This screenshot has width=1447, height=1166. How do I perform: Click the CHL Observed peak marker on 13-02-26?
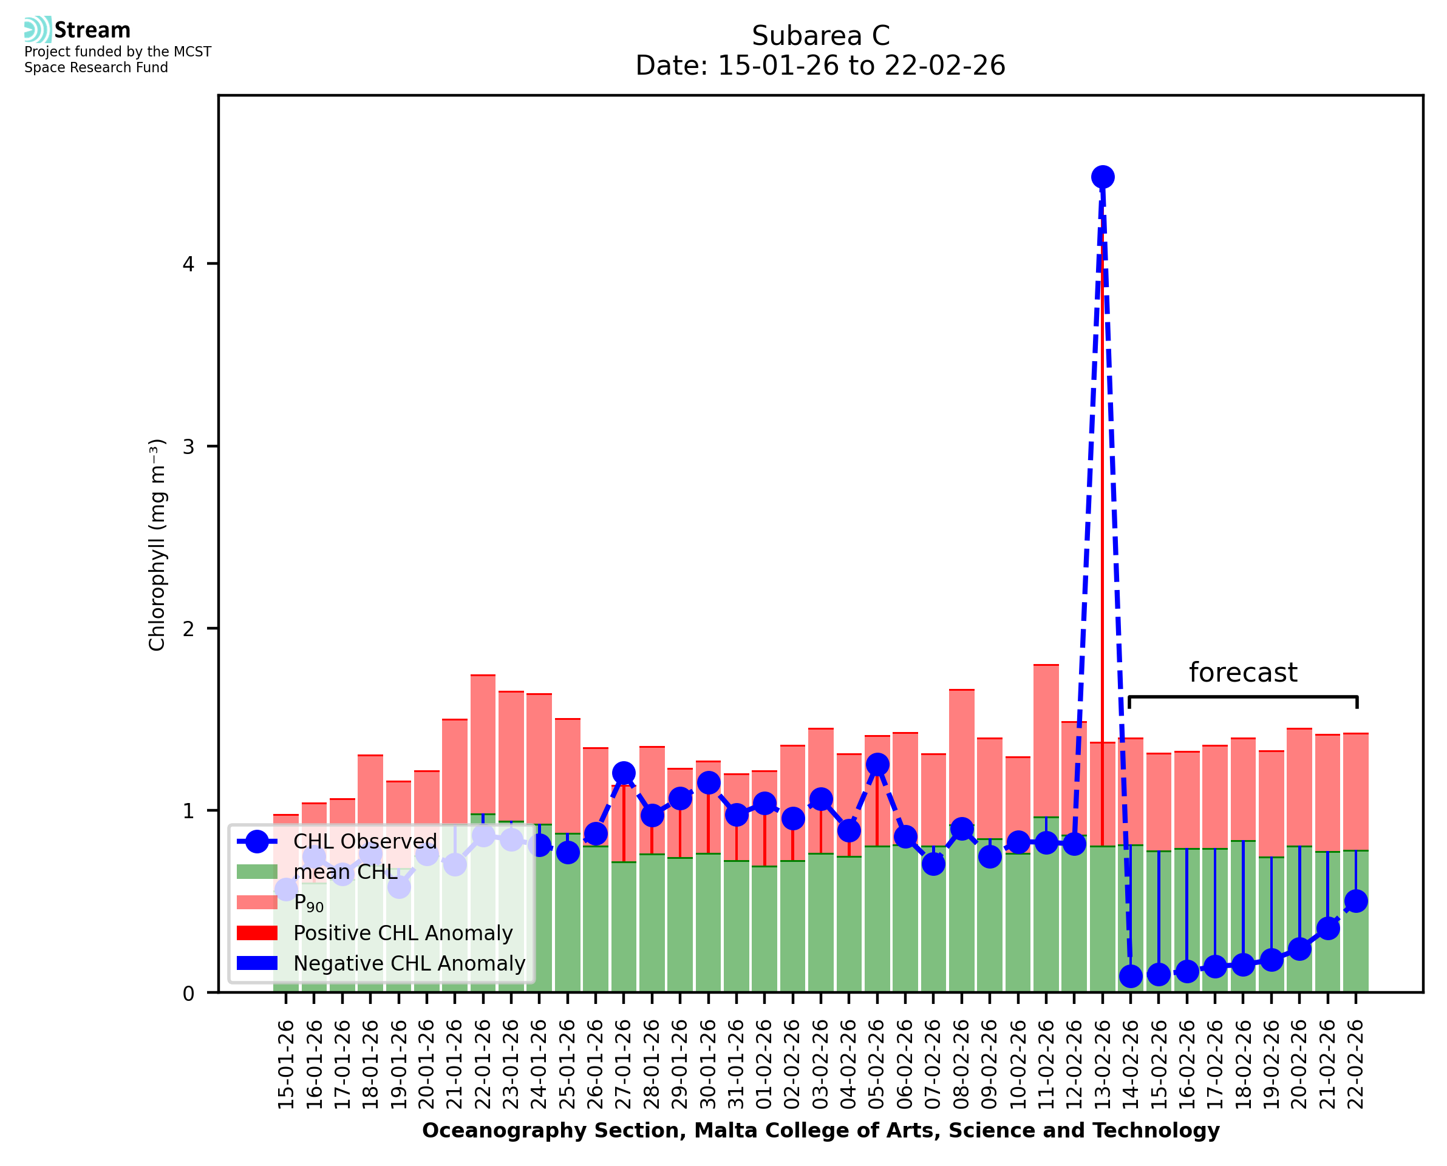[x=1102, y=177]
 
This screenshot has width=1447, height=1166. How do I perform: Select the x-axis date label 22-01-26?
[x=483, y=1065]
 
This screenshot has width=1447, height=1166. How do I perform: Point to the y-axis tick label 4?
[x=188, y=264]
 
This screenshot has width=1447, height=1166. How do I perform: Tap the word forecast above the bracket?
[x=1243, y=673]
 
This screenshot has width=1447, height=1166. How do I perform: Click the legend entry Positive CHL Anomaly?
[x=403, y=933]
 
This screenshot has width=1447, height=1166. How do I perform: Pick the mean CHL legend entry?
[x=346, y=872]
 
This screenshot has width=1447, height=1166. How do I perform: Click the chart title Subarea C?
[x=820, y=36]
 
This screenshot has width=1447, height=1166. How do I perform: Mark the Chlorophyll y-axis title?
[x=157, y=544]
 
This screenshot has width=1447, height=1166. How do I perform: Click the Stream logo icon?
[x=38, y=30]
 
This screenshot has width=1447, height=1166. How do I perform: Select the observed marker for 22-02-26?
[x=1356, y=901]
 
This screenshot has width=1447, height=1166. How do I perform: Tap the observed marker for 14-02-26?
[x=1131, y=976]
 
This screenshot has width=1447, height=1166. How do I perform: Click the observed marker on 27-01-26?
[x=624, y=773]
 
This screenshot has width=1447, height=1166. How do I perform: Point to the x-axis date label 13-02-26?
[x=1102, y=1065]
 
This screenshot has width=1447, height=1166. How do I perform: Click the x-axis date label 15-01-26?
[x=286, y=1065]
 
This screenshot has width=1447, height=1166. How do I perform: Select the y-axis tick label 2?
[x=188, y=629]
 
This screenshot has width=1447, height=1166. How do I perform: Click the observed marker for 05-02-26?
[x=877, y=764]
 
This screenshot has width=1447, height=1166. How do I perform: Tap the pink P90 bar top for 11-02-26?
[x=1046, y=666]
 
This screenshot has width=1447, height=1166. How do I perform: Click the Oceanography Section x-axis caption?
[x=820, y=1130]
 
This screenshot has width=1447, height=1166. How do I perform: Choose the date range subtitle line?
[x=820, y=66]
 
